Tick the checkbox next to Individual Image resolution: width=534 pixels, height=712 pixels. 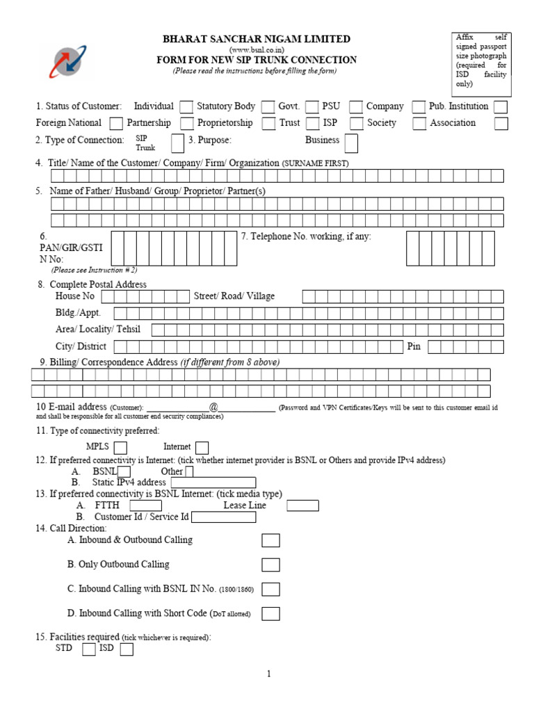tap(186, 107)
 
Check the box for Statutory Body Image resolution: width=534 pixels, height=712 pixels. tap(268, 107)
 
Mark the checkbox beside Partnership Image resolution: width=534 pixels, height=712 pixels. tap(186, 124)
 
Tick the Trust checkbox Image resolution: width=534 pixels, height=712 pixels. tap(311, 124)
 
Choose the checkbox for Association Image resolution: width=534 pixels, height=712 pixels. tap(501, 124)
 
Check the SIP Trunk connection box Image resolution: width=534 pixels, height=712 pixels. tap(177, 143)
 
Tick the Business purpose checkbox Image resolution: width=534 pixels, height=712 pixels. tap(351, 143)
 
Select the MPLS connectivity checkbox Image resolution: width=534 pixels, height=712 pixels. tap(120, 447)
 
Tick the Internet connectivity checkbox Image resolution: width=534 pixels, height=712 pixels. tap(202, 447)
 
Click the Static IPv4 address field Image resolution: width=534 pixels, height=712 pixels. tap(213, 483)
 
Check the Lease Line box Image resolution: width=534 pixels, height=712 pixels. tap(302, 505)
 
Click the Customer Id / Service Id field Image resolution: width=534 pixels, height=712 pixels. tap(223, 517)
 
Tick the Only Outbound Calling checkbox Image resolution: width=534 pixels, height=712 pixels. tap(270, 565)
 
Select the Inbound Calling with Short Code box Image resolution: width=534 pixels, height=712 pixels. tap(270, 613)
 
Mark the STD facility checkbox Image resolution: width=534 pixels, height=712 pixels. tap(88, 649)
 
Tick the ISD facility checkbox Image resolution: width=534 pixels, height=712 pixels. tap(126, 649)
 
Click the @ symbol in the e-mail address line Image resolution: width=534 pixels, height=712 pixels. tap(213, 407)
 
